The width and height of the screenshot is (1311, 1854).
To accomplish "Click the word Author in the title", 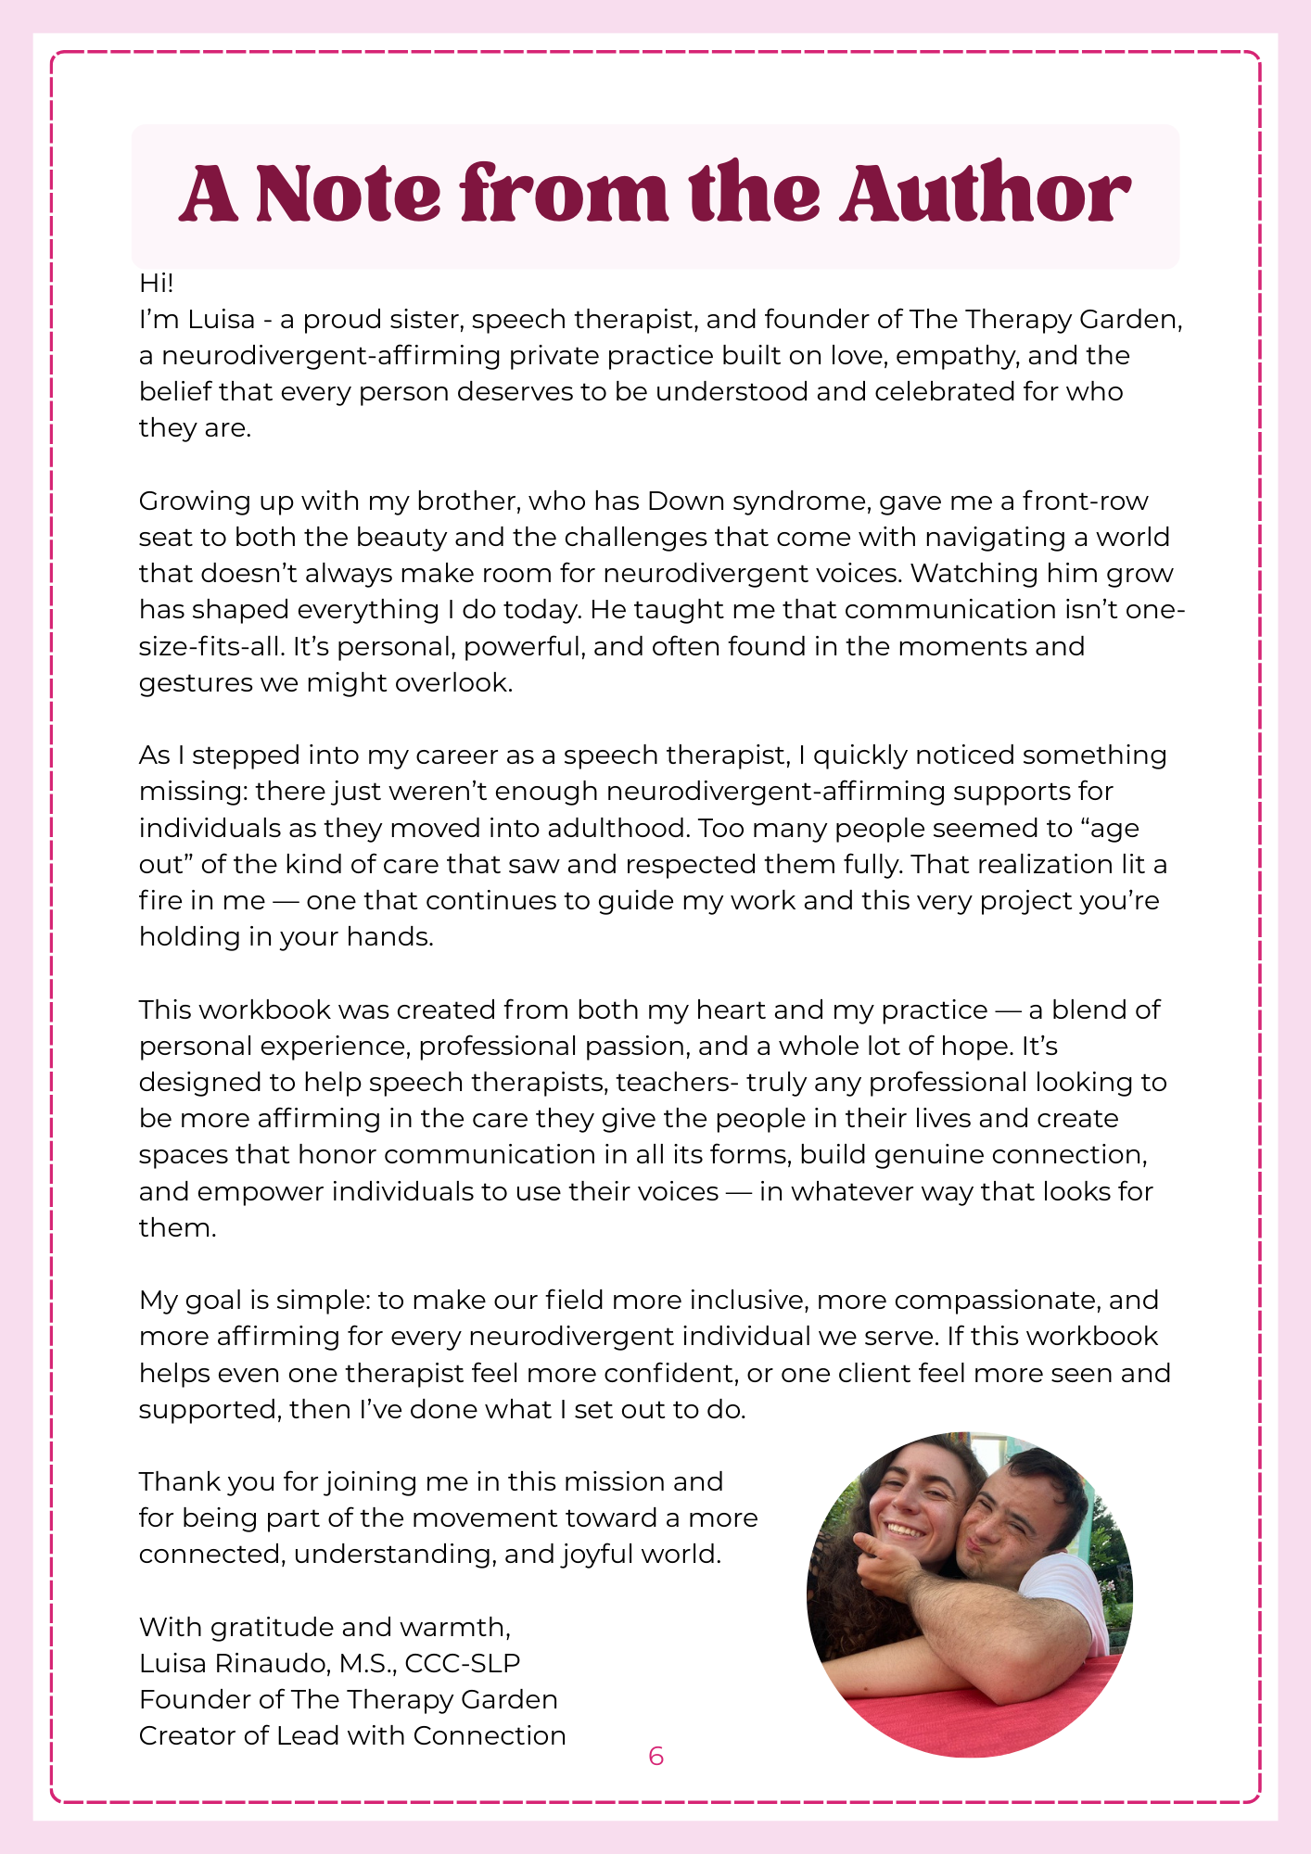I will pos(986,194).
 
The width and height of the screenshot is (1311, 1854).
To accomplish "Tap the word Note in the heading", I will pos(349,194).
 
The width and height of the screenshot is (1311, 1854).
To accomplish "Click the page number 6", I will pos(655,1756).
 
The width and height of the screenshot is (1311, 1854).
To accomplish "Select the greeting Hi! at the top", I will pos(156,283).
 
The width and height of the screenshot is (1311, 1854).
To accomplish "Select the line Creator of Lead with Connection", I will pos(352,1735).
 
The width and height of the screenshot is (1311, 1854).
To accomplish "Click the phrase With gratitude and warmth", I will pos(325,1627).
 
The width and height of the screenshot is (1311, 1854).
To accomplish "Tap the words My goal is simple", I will pos(254,1300).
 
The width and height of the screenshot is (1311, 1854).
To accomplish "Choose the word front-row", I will pos(1086,501).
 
